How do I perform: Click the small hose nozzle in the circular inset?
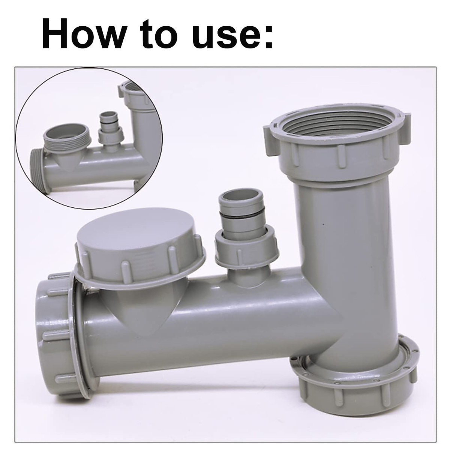108,127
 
